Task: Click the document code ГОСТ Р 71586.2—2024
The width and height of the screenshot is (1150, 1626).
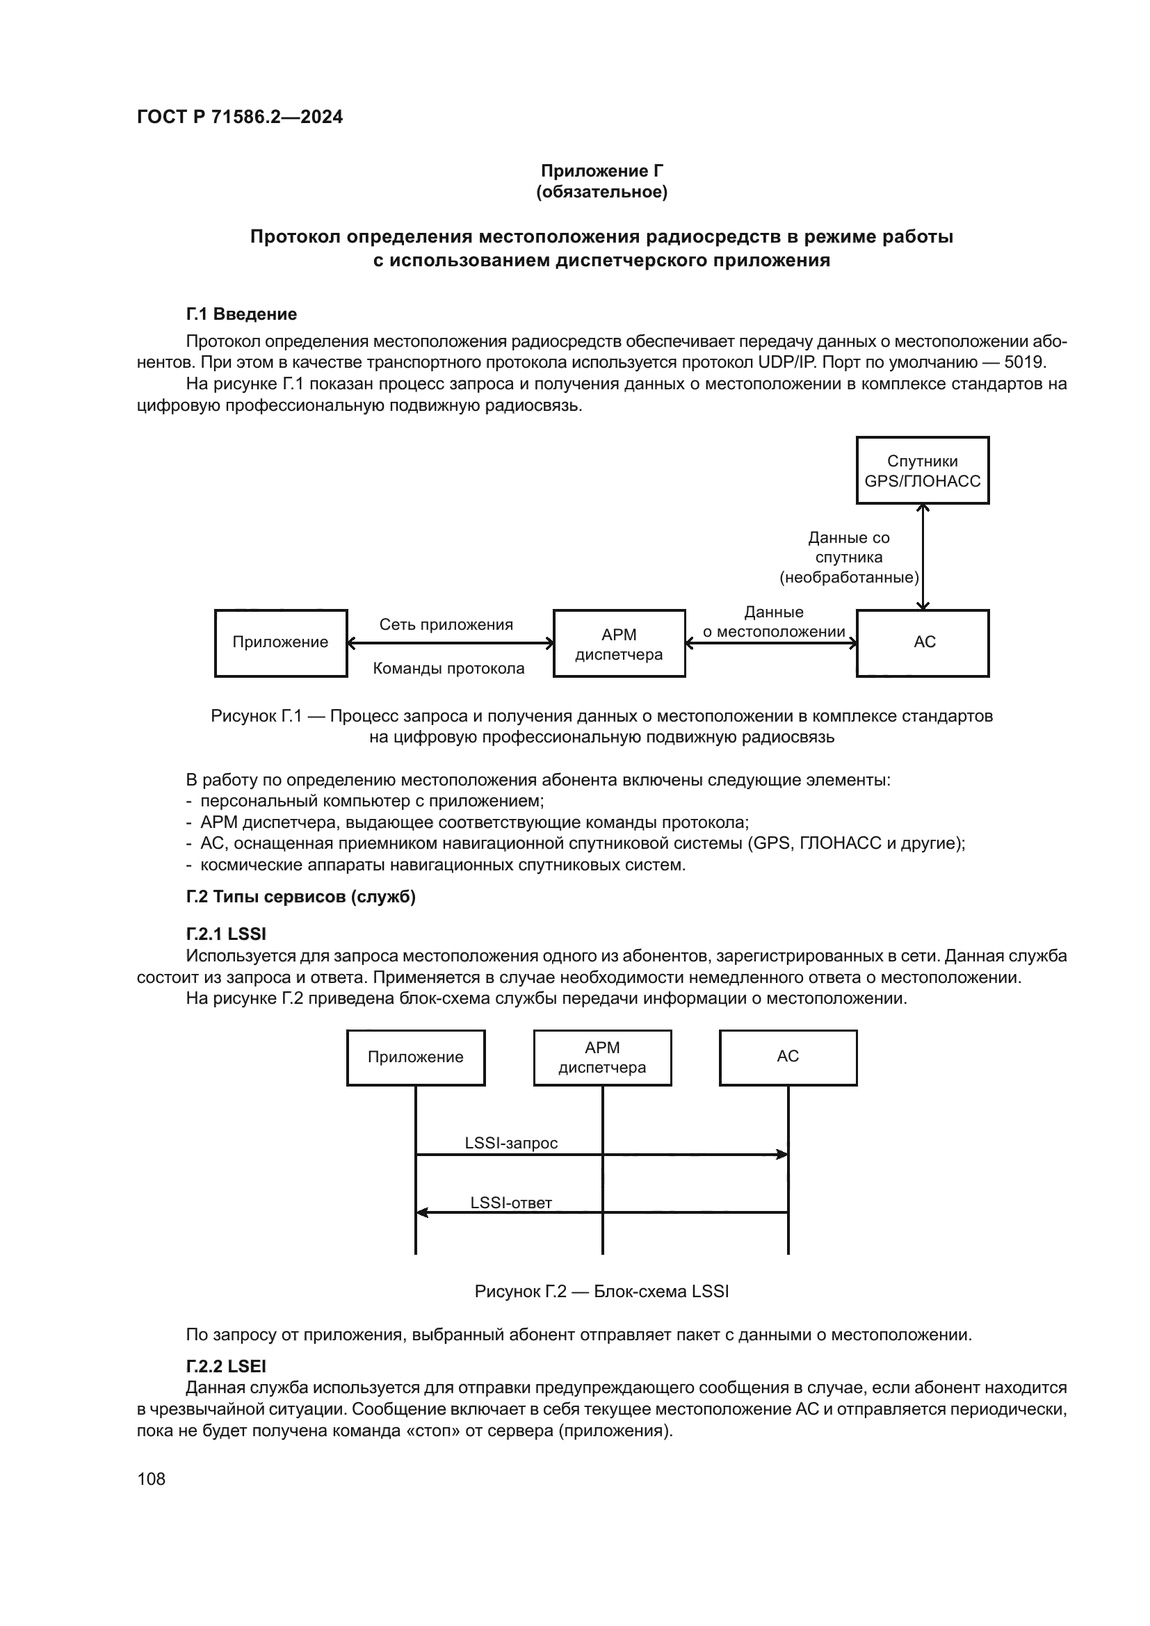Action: click(x=239, y=117)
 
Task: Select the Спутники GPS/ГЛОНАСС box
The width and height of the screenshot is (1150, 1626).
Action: click(x=922, y=471)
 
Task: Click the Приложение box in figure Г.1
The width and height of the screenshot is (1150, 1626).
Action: click(x=280, y=643)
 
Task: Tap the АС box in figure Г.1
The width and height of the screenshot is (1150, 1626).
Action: click(x=922, y=643)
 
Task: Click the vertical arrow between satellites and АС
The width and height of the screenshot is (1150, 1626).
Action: click(x=922, y=557)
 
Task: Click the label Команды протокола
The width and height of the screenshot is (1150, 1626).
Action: click(x=448, y=669)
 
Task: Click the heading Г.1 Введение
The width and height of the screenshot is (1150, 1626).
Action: click(x=241, y=314)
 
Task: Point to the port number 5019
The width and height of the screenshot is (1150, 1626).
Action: click(x=1024, y=363)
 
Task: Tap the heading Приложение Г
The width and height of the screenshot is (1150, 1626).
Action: click(x=601, y=171)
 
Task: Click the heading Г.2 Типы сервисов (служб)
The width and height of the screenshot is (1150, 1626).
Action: click(x=300, y=897)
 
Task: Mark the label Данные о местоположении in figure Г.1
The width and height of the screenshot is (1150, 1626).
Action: click(x=773, y=621)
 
